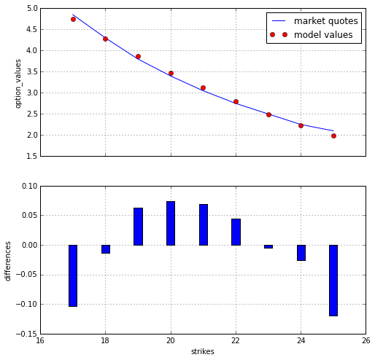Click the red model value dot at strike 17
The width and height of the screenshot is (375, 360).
point(73,19)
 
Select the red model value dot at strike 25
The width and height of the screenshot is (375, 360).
point(333,136)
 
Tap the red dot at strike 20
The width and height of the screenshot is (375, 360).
point(171,73)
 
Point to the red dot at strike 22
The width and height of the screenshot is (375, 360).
point(236,101)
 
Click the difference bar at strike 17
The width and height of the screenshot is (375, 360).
point(73,275)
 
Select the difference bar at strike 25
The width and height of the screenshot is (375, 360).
point(333,281)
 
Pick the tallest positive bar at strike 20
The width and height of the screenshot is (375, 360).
point(171,223)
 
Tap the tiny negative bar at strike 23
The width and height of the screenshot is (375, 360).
point(268,246)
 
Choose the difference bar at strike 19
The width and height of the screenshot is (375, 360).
point(138,227)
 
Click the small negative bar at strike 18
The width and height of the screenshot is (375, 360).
point(106,249)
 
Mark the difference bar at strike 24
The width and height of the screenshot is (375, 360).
point(301,253)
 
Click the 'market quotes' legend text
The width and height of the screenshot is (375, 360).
point(326,21)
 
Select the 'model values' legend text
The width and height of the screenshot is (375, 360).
point(323,35)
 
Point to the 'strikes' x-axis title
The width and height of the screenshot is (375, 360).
point(203,351)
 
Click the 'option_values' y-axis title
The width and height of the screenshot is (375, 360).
point(18,84)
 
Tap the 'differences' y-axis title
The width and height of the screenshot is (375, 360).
point(8,261)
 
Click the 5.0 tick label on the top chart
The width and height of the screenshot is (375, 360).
point(32,9)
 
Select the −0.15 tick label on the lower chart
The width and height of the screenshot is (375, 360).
point(27,334)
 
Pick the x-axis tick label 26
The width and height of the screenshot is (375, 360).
point(366,340)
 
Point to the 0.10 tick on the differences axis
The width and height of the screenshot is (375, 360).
point(30,186)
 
